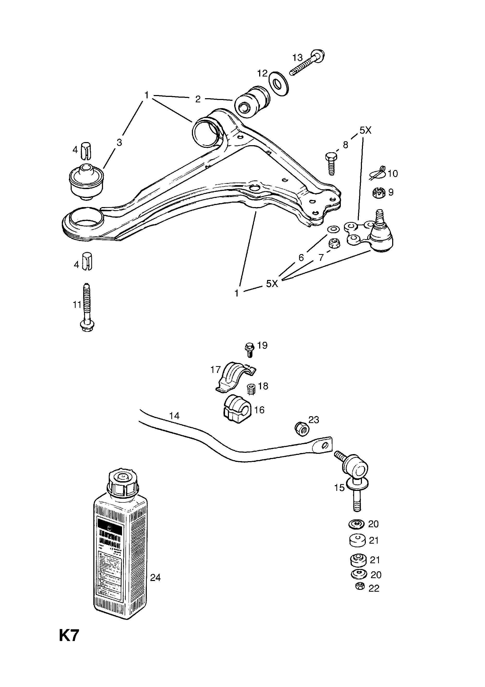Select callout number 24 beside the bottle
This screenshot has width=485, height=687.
point(155,578)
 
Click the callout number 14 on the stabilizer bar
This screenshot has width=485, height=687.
point(174,416)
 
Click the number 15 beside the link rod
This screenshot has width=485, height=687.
point(339,488)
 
